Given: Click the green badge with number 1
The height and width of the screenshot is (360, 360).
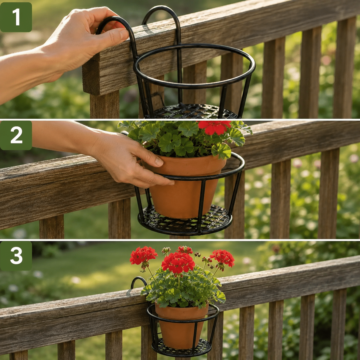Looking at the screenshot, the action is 16,17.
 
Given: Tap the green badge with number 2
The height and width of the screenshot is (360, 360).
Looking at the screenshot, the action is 16,135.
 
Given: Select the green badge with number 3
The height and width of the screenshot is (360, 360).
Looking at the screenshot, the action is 16,256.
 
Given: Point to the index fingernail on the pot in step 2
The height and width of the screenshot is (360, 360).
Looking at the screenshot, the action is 159,162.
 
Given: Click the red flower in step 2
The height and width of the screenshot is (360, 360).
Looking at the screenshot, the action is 214,127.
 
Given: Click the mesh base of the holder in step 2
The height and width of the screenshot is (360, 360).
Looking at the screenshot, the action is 185,221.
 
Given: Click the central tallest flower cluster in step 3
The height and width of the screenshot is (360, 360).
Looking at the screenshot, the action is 178,263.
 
